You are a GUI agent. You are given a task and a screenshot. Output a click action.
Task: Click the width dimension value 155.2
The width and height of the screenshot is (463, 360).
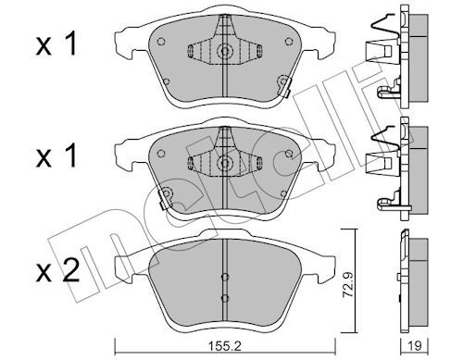pyautogui.click(x=224, y=346)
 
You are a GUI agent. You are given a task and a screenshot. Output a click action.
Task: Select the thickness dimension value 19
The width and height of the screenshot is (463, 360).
pyautogui.click(x=414, y=346)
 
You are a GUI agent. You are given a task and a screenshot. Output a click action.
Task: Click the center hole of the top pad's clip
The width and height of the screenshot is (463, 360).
pyautogui.click(x=225, y=51)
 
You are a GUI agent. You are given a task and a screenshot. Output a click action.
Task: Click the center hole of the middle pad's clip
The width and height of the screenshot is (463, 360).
pyautogui.click(x=225, y=163)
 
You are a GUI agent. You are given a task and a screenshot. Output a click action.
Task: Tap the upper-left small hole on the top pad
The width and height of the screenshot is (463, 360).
pyautogui.click(x=161, y=42)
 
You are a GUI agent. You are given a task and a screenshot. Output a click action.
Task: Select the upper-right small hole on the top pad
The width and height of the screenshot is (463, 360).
pyautogui.click(x=289, y=42)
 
